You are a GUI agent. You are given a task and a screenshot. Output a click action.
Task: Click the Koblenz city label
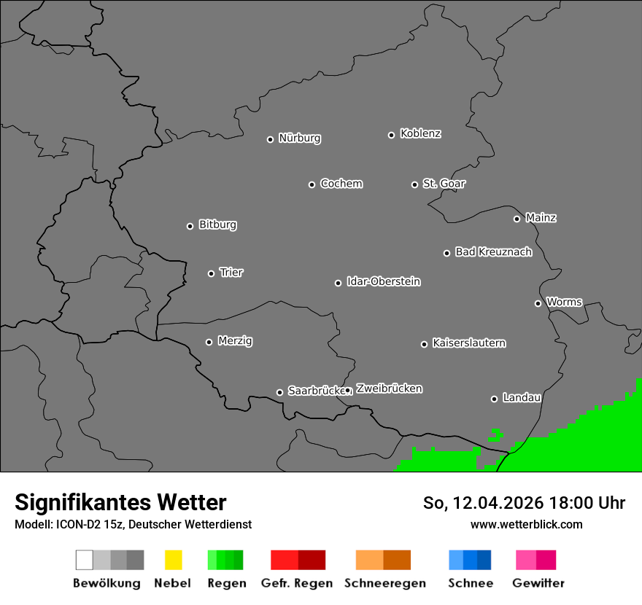point(421,133)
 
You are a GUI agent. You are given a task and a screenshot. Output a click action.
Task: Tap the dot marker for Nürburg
point(270,139)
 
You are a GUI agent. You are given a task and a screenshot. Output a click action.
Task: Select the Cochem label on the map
point(341,184)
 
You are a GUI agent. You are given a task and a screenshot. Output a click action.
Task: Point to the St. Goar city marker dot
point(414,184)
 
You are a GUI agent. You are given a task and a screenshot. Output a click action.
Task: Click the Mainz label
point(541,217)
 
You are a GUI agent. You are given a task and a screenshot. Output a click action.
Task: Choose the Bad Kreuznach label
point(493,252)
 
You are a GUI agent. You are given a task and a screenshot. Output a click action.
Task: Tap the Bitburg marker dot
point(190,226)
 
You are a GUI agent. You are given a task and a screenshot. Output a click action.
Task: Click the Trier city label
point(231,273)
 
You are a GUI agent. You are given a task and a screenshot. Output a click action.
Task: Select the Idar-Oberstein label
point(384,281)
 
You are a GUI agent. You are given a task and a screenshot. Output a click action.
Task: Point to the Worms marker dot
point(538,303)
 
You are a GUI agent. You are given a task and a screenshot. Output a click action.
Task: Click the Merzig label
point(235,340)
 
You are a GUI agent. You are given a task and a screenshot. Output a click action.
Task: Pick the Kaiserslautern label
point(469,343)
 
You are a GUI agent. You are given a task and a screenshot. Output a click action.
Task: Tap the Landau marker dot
point(494,399)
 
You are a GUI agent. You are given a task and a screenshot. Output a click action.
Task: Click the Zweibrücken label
point(389,389)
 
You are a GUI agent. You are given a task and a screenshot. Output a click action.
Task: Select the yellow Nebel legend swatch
point(173,560)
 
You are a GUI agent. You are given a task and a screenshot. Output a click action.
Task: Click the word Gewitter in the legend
point(538,583)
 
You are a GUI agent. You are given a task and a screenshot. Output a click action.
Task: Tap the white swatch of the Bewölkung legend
point(85,560)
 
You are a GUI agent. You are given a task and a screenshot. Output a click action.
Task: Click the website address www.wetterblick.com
point(526,524)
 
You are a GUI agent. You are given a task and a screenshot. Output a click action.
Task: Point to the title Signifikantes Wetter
point(120,502)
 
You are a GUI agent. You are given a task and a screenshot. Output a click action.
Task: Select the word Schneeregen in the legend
point(385,583)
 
